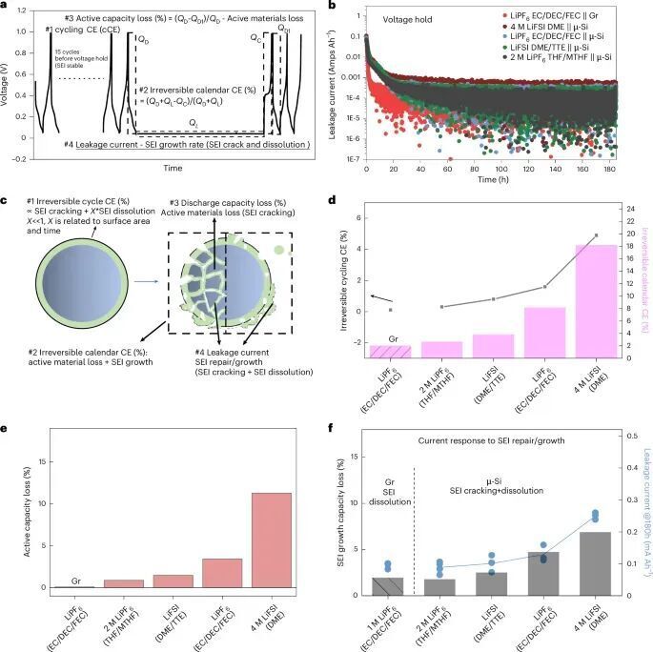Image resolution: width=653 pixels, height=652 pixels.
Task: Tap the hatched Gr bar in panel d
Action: pyautogui.click(x=390, y=351)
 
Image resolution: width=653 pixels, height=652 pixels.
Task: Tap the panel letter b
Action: pyautogui.click(x=330, y=8)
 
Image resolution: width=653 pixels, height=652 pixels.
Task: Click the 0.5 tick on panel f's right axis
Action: pyautogui.click(x=627, y=435)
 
